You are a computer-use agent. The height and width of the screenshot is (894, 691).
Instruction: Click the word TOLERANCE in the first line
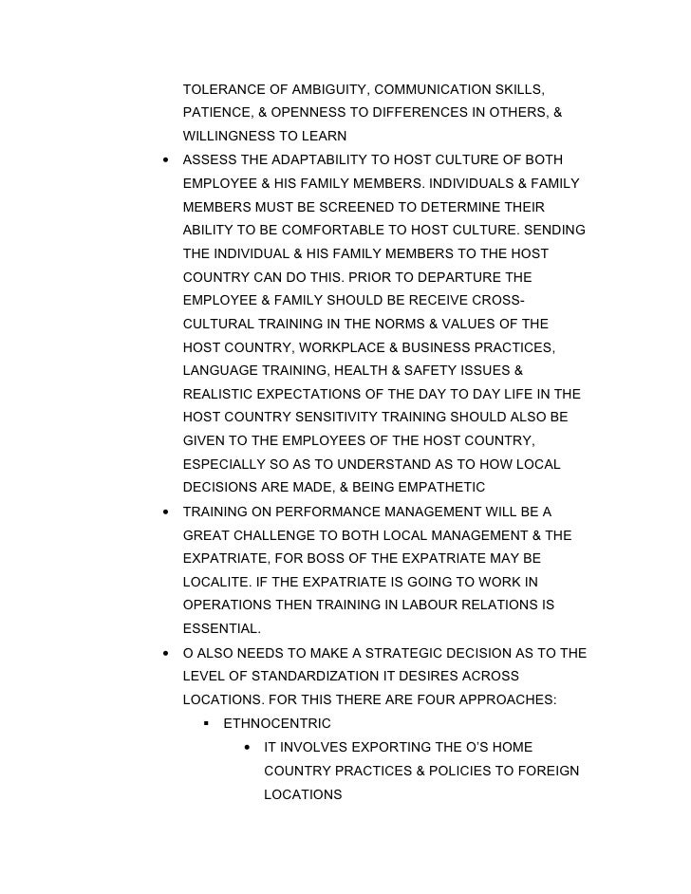(220, 90)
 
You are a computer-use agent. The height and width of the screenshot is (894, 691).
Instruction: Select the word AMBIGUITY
(319, 90)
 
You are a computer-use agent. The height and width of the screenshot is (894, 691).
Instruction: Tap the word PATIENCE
(215, 113)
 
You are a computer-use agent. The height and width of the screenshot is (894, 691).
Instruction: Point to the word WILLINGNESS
(229, 137)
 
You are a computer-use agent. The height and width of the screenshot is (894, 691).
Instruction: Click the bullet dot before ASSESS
(166, 159)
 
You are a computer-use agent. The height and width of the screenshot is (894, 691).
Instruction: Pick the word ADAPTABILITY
(305, 159)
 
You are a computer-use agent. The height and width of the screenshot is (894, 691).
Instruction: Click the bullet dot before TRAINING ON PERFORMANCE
(166, 512)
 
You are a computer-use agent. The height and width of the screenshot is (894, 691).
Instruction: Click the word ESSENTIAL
(221, 627)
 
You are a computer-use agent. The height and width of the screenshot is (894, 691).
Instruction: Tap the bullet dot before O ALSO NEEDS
(166, 653)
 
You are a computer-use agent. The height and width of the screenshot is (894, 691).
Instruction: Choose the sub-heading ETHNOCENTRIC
(277, 723)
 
